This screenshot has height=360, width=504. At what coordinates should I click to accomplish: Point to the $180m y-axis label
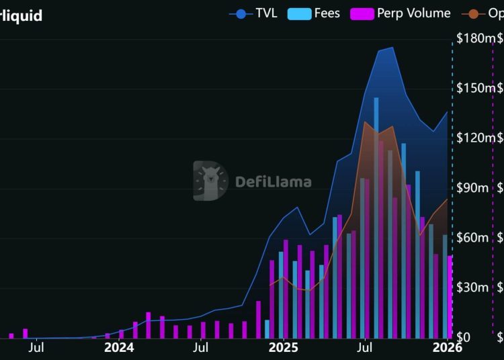coord(475,38)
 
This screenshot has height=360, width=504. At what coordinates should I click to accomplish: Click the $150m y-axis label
coord(475,88)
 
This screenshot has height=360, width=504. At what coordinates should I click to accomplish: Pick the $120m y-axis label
coord(475,138)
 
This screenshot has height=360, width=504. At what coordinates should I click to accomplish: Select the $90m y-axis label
coord(472,187)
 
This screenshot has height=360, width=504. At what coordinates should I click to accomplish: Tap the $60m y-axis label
coord(472,238)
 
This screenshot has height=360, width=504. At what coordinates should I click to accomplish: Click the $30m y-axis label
coord(472,287)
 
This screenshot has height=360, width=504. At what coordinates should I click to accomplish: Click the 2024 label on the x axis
coord(119,347)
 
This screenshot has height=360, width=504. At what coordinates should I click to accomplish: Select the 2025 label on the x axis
coord(283,347)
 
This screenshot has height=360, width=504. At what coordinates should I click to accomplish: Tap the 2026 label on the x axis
coord(447,347)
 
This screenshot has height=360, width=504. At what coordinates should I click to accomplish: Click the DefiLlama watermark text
coord(273,181)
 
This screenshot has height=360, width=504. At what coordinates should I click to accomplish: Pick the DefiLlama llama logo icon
coord(210,181)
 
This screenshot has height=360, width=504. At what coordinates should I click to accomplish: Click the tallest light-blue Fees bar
coord(376,201)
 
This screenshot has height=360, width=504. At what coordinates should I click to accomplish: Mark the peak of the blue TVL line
coord(392,48)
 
